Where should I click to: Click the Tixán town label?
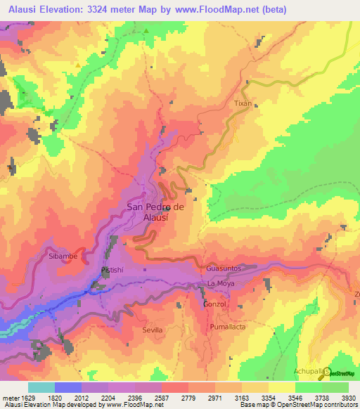click(x=243, y=103)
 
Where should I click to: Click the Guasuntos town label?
click(x=224, y=269)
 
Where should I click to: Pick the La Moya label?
click(x=221, y=283)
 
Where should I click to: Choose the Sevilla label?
click(x=152, y=330)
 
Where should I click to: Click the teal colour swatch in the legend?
click(x=41, y=387)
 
